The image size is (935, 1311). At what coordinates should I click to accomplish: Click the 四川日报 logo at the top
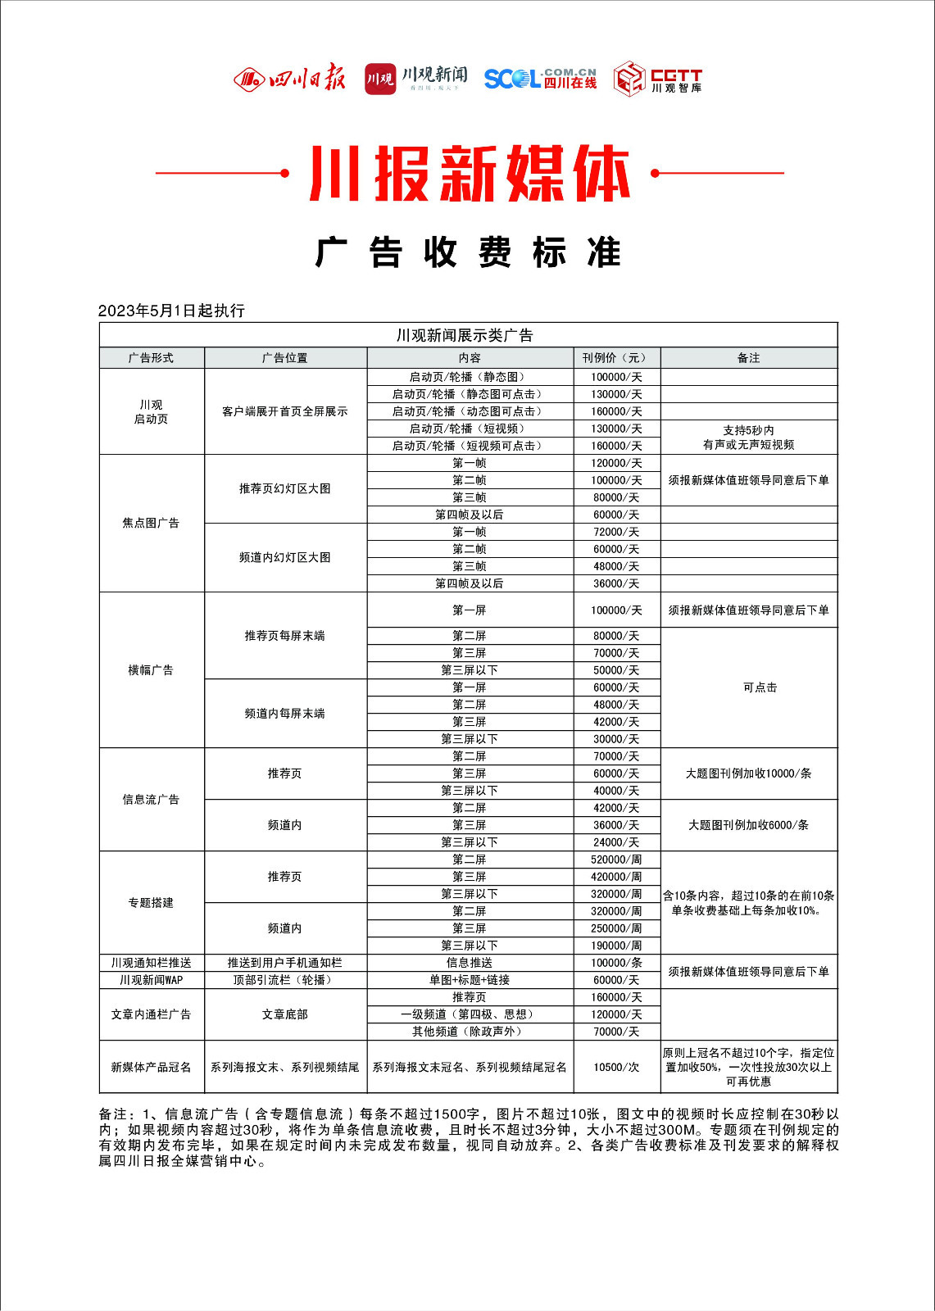[x=289, y=79]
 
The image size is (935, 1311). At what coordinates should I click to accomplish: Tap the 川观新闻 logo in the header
[x=416, y=79]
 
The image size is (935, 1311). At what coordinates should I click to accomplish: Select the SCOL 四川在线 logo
[x=540, y=79]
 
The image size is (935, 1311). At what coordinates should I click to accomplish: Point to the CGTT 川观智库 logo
[x=658, y=79]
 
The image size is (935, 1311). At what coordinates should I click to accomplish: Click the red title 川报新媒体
[x=469, y=174]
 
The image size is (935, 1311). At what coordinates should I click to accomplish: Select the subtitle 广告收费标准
[x=469, y=252]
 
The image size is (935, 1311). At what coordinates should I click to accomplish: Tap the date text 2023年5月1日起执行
[x=171, y=311]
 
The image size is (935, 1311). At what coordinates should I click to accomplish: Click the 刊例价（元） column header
[x=616, y=358]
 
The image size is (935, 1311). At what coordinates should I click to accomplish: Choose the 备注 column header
[x=748, y=358]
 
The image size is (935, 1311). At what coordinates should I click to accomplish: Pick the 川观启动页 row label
[x=151, y=411]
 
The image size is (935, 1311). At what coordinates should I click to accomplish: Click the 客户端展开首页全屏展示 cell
[x=284, y=411]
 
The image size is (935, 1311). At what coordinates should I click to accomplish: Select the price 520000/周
[x=616, y=860]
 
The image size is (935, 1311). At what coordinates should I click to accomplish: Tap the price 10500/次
[x=616, y=1067]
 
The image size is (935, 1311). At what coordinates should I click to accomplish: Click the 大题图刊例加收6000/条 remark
[x=748, y=825]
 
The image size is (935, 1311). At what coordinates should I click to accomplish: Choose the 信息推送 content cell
[x=470, y=963]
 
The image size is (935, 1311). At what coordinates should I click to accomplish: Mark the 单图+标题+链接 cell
[x=470, y=980]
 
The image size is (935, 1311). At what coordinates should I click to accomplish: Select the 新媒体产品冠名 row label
[x=151, y=1067]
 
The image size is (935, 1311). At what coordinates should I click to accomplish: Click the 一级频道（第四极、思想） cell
[x=470, y=1014]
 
